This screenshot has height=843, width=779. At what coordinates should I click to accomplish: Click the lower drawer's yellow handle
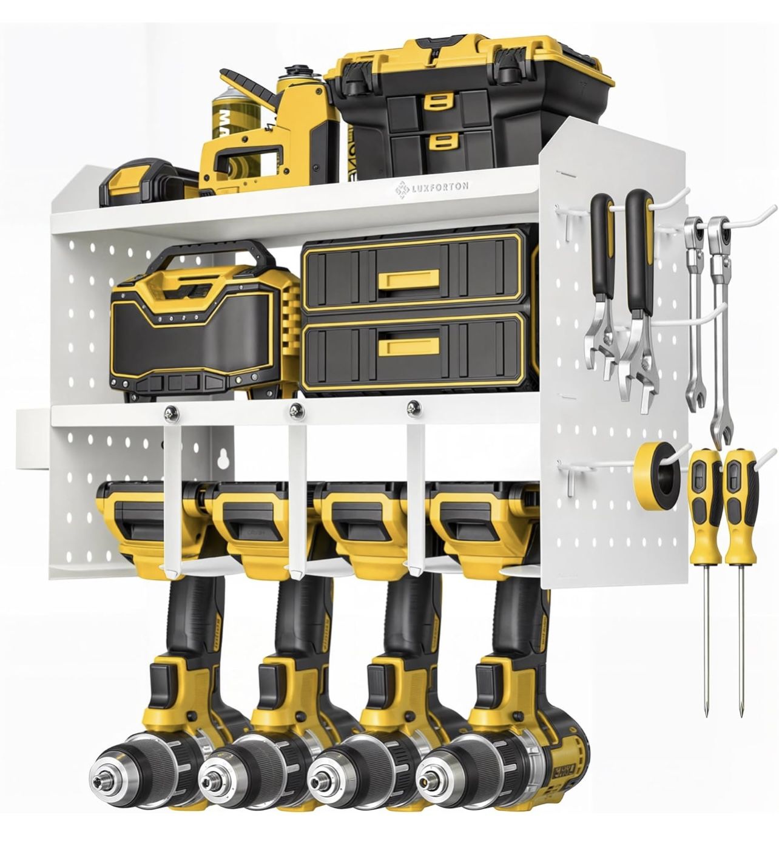click(x=408, y=345)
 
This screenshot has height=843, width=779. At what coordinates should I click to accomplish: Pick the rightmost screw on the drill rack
click(x=413, y=408)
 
